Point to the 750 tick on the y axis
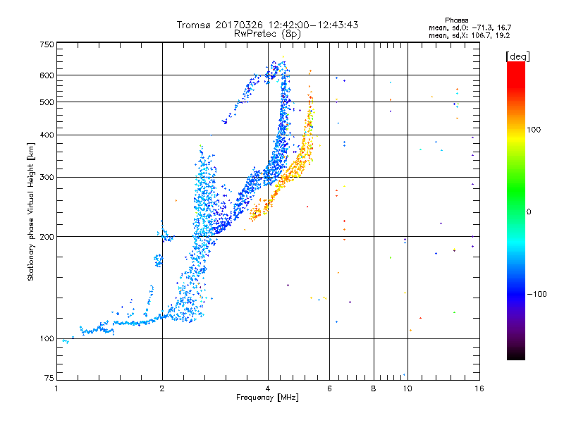click(47, 44)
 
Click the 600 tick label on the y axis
click(47, 75)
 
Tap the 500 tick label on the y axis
click(47, 102)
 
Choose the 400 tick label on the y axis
click(47, 135)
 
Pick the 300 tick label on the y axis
click(47, 177)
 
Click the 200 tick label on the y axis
click(47, 236)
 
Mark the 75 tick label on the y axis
click(48, 379)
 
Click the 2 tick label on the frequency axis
click(162, 388)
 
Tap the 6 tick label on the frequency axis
click(329, 388)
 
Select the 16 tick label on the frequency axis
click(479, 388)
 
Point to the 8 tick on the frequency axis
click(374, 388)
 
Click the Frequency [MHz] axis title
click(268, 398)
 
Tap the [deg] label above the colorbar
click(517, 56)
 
